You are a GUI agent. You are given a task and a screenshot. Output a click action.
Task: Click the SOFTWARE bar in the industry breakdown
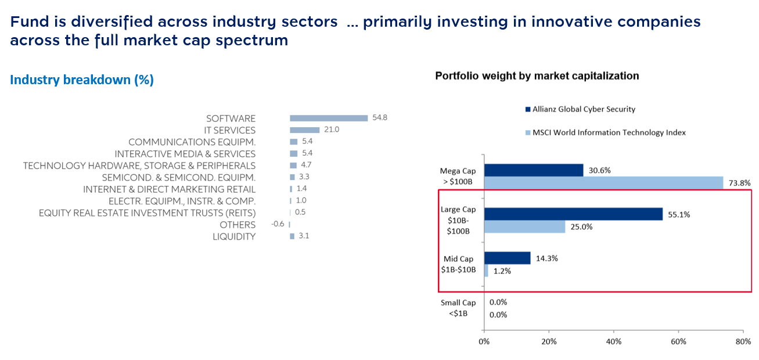tap(329, 118)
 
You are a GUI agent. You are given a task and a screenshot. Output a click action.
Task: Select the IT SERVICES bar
tap(305, 130)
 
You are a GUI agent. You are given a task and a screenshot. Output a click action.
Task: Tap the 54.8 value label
tap(380, 118)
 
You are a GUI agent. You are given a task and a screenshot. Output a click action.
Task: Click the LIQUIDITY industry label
tap(234, 237)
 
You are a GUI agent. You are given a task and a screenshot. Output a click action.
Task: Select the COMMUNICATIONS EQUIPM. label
tap(192, 142)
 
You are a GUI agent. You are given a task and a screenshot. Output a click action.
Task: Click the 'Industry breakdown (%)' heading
tap(82, 80)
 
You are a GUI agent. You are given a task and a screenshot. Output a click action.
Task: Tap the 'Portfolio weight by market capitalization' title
tap(537, 76)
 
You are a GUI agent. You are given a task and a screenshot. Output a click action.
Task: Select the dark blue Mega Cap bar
tap(534, 170)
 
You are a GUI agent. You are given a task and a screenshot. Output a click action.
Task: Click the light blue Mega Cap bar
tap(603, 183)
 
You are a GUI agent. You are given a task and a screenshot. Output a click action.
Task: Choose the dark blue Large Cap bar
tap(573, 214)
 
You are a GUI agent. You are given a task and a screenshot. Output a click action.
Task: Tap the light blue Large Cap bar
tap(524, 226)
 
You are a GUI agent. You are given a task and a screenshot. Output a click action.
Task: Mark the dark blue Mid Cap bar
tap(507, 258)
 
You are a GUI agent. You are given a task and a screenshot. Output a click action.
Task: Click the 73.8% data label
tap(739, 183)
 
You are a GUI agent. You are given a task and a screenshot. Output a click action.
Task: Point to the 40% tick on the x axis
tap(614, 341)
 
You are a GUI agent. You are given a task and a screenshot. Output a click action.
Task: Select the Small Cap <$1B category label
tap(458, 308)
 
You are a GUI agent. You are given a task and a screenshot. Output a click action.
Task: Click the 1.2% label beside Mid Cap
tap(502, 271)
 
